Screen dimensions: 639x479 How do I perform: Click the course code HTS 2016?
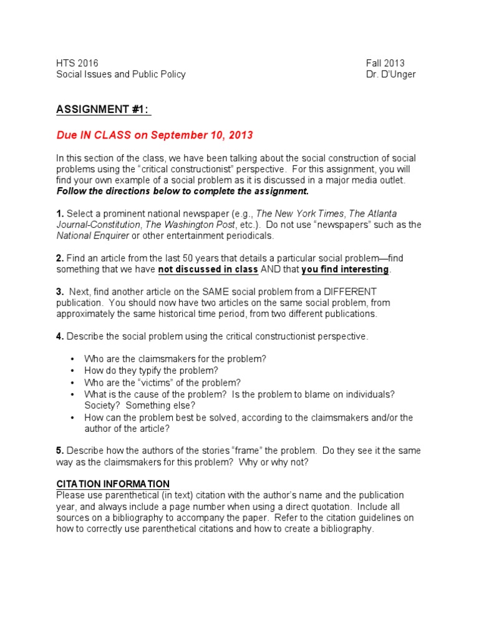click(x=77, y=63)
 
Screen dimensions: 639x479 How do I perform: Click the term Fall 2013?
click(x=385, y=63)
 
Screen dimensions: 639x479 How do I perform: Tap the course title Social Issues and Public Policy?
click(x=121, y=74)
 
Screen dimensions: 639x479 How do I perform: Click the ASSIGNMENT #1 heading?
click(x=104, y=110)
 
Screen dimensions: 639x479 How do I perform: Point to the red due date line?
click(x=155, y=135)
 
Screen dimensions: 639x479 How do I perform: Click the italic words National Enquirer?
click(x=93, y=236)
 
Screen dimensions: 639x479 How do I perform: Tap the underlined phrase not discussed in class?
click(x=208, y=270)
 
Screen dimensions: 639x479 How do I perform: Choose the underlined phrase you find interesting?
click(x=345, y=270)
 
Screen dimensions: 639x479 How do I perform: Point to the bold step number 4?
click(x=60, y=336)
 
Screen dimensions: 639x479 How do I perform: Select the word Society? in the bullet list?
click(x=103, y=406)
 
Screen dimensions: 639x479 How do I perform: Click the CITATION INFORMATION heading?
click(x=113, y=484)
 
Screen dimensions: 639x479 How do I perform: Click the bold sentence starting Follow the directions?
click(x=182, y=191)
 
